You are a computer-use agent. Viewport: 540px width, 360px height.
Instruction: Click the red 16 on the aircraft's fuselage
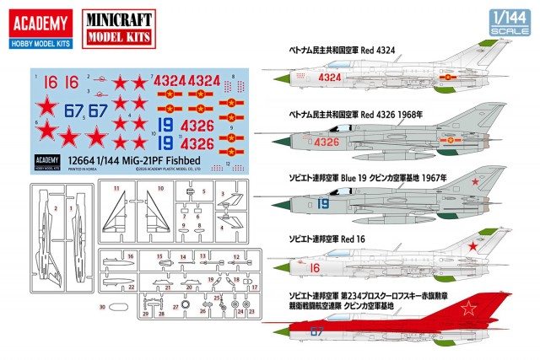(x=315, y=267)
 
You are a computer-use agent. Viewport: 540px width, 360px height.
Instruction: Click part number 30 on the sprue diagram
(x=102, y=309)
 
